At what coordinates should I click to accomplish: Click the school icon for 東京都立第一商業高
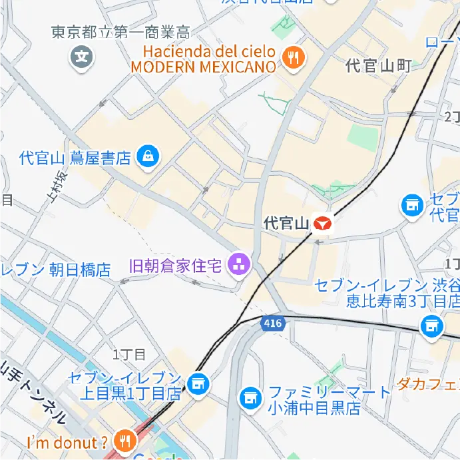tap(82, 57)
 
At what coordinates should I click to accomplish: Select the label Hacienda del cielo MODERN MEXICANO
tap(203, 59)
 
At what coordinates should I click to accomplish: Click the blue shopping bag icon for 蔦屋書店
tap(146, 157)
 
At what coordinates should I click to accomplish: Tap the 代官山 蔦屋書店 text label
tap(75, 158)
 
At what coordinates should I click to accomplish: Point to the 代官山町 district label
tap(378, 65)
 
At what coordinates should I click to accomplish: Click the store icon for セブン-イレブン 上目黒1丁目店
tap(198, 383)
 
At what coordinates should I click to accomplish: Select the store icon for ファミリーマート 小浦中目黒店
tap(250, 398)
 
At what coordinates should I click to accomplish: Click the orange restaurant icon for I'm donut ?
tap(124, 440)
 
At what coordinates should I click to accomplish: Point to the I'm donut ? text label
tap(67, 442)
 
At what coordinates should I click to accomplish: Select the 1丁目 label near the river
tap(124, 353)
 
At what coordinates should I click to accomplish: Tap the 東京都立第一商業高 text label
tap(120, 32)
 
